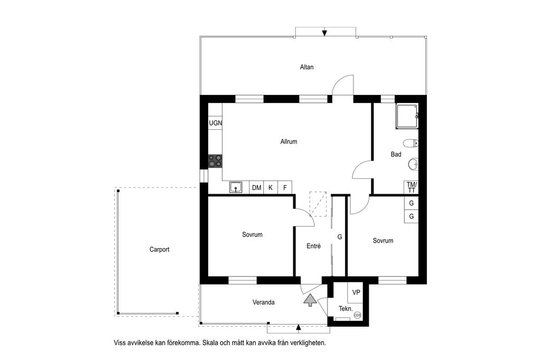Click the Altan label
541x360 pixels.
[x=306, y=67]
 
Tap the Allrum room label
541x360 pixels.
[x=288, y=141]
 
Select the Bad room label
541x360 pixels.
[x=396, y=154]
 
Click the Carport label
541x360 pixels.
[x=160, y=249]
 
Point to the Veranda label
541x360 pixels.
[x=264, y=302]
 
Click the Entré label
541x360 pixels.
[x=314, y=246]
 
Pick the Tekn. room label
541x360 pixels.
[x=346, y=309]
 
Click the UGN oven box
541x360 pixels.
[x=216, y=123]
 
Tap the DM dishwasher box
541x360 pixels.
[x=256, y=187]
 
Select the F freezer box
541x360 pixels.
[x=285, y=187]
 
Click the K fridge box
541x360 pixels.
[x=271, y=187]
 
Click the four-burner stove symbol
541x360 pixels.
[x=215, y=162]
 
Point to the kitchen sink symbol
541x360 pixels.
[x=236, y=187]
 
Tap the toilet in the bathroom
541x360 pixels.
[x=411, y=143]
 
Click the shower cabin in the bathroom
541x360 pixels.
[x=407, y=117]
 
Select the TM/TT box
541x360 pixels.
[x=411, y=187]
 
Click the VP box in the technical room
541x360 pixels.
[x=356, y=292]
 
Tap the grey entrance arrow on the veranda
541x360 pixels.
[x=310, y=300]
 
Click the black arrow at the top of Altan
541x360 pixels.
[x=324, y=33]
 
